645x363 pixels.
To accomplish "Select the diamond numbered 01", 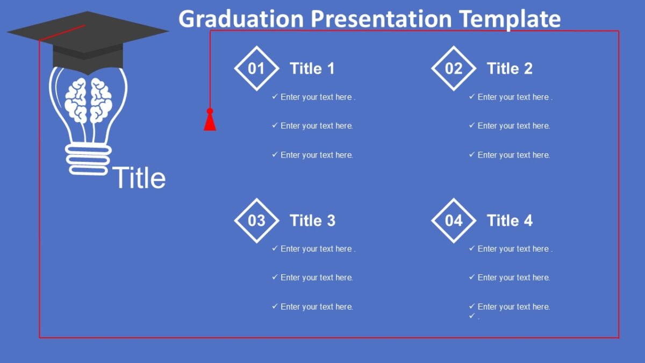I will (x=256, y=68).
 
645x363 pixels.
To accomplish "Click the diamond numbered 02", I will (x=454, y=68).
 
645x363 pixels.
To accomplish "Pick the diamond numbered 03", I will (x=256, y=220).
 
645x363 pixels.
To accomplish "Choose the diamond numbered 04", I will (x=454, y=220).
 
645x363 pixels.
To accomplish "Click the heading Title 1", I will (x=312, y=68).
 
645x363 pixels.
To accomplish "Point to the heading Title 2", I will (x=509, y=68).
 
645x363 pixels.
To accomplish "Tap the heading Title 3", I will (x=312, y=220).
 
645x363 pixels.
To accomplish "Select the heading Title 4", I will (x=509, y=220).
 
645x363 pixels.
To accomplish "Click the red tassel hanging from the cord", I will (x=210, y=122).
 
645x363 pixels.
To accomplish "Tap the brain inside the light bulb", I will (x=88, y=100).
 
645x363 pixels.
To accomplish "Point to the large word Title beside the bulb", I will (x=139, y=178).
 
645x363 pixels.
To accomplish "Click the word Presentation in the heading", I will (x=381, y=19).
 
